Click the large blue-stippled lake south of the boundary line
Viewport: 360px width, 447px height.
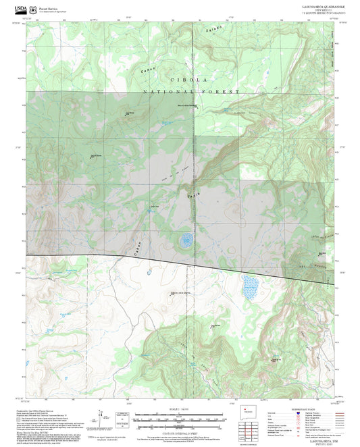point(250,288)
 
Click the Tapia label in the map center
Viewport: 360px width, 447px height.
point(193,196)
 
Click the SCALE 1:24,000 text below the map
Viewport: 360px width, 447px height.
point(180,409)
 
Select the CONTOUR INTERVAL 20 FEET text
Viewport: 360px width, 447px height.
point(180,426)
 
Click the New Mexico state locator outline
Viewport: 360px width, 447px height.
point(247,411)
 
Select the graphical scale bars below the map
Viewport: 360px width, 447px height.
point(180,417)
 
